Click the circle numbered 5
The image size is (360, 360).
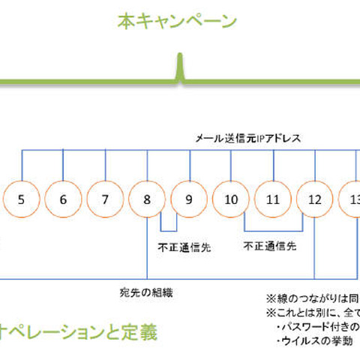[21, 199]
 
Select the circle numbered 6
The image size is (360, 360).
[63, 199]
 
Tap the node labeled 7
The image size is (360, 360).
[105, 199]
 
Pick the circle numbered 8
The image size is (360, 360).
[147, 199]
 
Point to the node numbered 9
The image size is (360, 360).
[189, 199]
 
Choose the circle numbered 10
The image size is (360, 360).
[231, 199]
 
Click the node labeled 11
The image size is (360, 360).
[273, 199]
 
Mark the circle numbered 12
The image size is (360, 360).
[315, 199]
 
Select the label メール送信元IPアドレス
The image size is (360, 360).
[247, 139]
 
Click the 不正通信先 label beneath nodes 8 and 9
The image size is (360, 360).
[184, 246]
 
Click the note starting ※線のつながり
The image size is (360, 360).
[312, 297]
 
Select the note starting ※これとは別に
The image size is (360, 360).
[312, 312]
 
